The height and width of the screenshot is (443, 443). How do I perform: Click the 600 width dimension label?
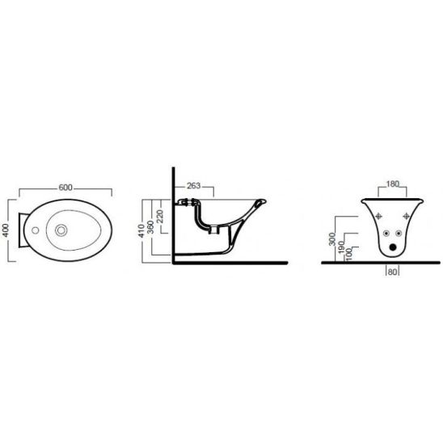(65, 188)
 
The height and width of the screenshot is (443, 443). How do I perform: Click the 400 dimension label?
(6, 230)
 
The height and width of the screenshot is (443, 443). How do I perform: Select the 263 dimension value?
(193, 186)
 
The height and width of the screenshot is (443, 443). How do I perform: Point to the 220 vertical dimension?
(159, 216)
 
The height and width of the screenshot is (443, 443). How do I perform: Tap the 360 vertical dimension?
(151, 227)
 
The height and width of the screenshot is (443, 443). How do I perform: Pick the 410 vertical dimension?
(141, 230)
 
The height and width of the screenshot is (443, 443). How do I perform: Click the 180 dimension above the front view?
(392, 184)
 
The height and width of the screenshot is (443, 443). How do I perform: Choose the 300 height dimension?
(332, 238)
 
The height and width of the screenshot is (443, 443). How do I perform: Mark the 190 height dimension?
(341, 247)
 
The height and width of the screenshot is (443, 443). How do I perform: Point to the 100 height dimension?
(349, 254)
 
